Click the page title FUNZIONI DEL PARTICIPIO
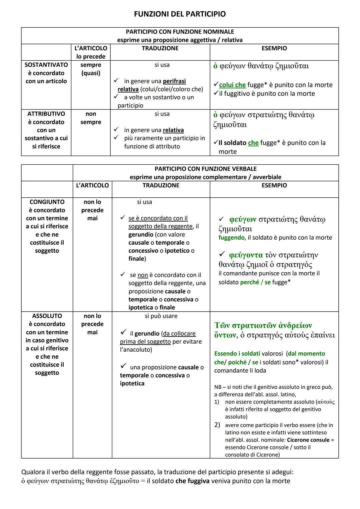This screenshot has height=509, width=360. coord(180,14)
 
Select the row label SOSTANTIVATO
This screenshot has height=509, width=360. coord(46,65)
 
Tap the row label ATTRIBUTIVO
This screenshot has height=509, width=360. coord(46,114)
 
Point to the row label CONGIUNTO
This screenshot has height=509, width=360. coord(47,202)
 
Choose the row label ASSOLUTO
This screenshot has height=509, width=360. coord(47,316)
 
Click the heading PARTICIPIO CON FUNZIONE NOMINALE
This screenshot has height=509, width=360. coord(180,32)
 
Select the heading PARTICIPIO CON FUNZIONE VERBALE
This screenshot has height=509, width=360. coord(205,169)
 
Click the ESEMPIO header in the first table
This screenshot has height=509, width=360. coord(274,48)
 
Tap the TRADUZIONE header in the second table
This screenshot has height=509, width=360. coord(161,185)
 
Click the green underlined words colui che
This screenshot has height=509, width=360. coord(232,85)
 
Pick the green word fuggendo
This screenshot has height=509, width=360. coord(232,238)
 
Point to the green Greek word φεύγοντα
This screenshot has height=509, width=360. coord(246,255)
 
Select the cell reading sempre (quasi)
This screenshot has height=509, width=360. coord(91,69)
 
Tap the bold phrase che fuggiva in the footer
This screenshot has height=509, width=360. coord(193,481)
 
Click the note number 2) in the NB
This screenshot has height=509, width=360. coord(217,425)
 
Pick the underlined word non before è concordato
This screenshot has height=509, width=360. coord(143,275)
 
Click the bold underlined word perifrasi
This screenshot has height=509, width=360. coord(174,81)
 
